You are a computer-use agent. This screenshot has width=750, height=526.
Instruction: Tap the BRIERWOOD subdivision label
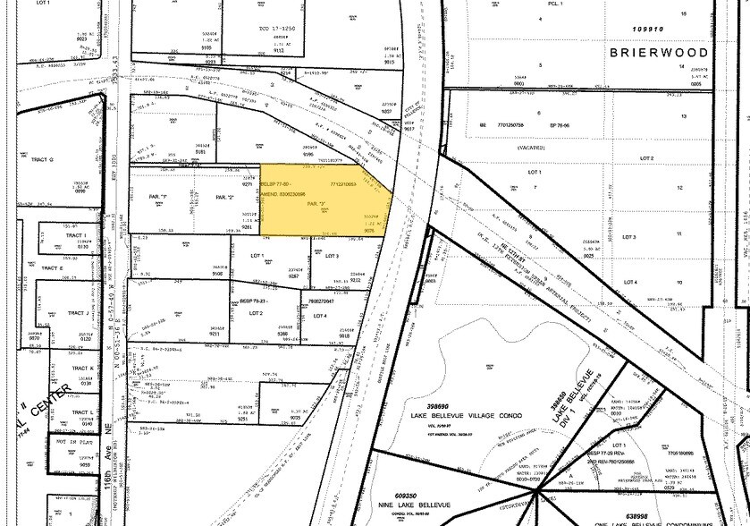(658, 53)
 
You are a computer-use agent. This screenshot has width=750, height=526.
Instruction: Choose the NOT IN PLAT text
(75, 443)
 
